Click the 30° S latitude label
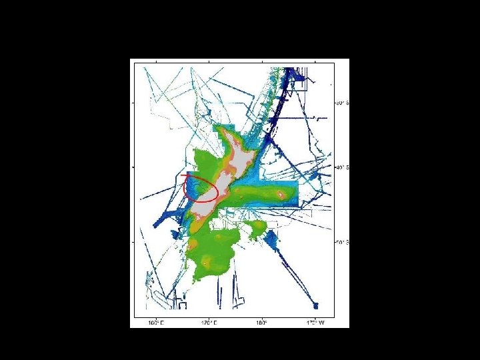click(341, 103)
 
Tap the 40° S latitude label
click(341, 167)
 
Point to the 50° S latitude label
click(341, 241)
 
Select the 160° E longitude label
click(155, 323)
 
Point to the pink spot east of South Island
click(281, 194)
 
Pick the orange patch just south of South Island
click(199, 230)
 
